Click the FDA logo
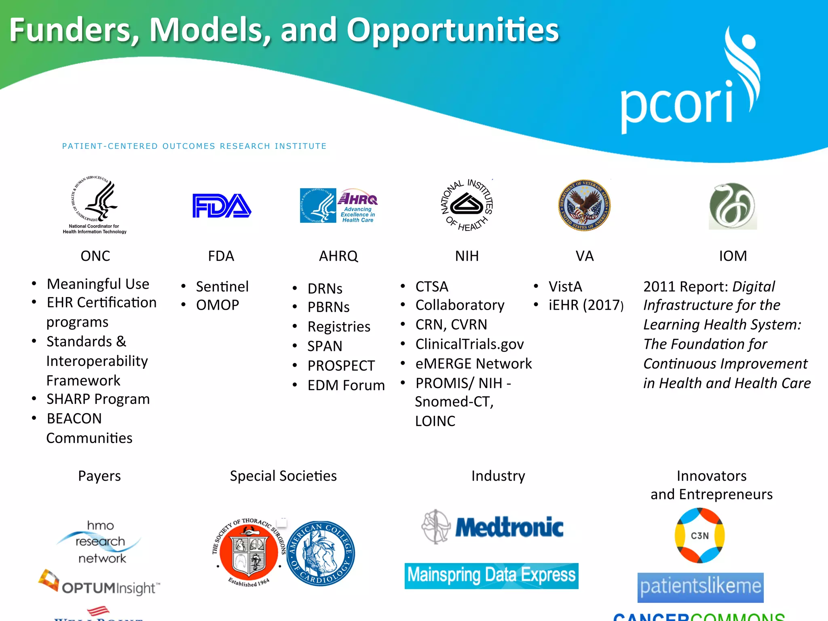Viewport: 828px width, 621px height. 222,206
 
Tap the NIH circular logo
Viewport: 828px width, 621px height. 467,205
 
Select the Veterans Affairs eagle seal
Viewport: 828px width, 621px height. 584,205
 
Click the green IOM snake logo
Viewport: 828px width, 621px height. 733,206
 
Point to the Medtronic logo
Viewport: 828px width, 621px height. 492,527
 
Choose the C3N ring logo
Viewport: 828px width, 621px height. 700,535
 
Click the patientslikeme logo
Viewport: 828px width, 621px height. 700,587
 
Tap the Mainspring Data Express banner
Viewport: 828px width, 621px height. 491,576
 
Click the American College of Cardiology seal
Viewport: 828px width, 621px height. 321,553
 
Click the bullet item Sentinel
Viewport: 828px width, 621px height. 222,287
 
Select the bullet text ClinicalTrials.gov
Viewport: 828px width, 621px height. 469,344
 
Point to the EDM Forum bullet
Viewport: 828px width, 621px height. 346,385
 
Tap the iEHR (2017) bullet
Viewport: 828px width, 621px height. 586,305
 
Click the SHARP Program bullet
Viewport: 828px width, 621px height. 98,399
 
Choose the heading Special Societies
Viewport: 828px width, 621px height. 283,476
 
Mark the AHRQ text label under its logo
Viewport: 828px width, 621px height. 338,256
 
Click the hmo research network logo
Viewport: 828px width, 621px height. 100,542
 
